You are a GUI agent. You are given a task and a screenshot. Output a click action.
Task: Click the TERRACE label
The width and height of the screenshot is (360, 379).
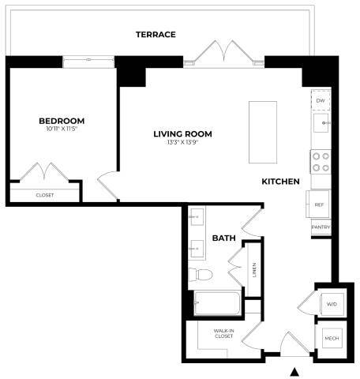[155, 35]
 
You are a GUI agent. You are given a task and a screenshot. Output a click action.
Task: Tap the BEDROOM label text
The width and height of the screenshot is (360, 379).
[62, 121]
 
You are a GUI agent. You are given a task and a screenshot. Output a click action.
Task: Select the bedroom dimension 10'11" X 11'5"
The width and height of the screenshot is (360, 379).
[62, 129]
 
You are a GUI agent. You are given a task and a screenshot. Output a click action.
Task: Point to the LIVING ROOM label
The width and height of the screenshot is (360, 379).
[182, 134]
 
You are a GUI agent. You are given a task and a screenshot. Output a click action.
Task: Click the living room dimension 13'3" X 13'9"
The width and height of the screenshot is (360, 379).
[182, 142]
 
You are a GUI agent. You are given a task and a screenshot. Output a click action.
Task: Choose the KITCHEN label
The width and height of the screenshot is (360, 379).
[281, 182]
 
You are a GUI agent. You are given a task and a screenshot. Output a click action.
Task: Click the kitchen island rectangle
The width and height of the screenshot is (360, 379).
[261, 130]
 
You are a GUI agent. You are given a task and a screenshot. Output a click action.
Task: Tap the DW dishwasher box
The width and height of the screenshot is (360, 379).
[321, 102]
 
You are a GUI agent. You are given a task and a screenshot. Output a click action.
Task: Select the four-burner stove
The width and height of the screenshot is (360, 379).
[321, 162]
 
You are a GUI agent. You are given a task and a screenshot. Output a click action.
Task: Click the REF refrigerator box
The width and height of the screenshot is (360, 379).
[319, 205]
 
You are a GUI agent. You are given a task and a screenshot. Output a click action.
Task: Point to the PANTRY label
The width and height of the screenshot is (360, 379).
[321, 228]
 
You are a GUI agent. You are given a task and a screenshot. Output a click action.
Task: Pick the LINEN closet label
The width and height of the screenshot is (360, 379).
[254, 270]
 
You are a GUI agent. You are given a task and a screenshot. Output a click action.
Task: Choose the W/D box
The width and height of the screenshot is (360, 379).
[330, 304]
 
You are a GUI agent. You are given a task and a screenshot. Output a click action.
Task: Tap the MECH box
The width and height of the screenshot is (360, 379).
[331, 338]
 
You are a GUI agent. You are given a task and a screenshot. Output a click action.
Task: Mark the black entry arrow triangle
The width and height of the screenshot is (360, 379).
[295, 371]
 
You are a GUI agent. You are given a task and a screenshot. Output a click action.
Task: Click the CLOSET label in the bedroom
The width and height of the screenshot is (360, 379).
[45, 194]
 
